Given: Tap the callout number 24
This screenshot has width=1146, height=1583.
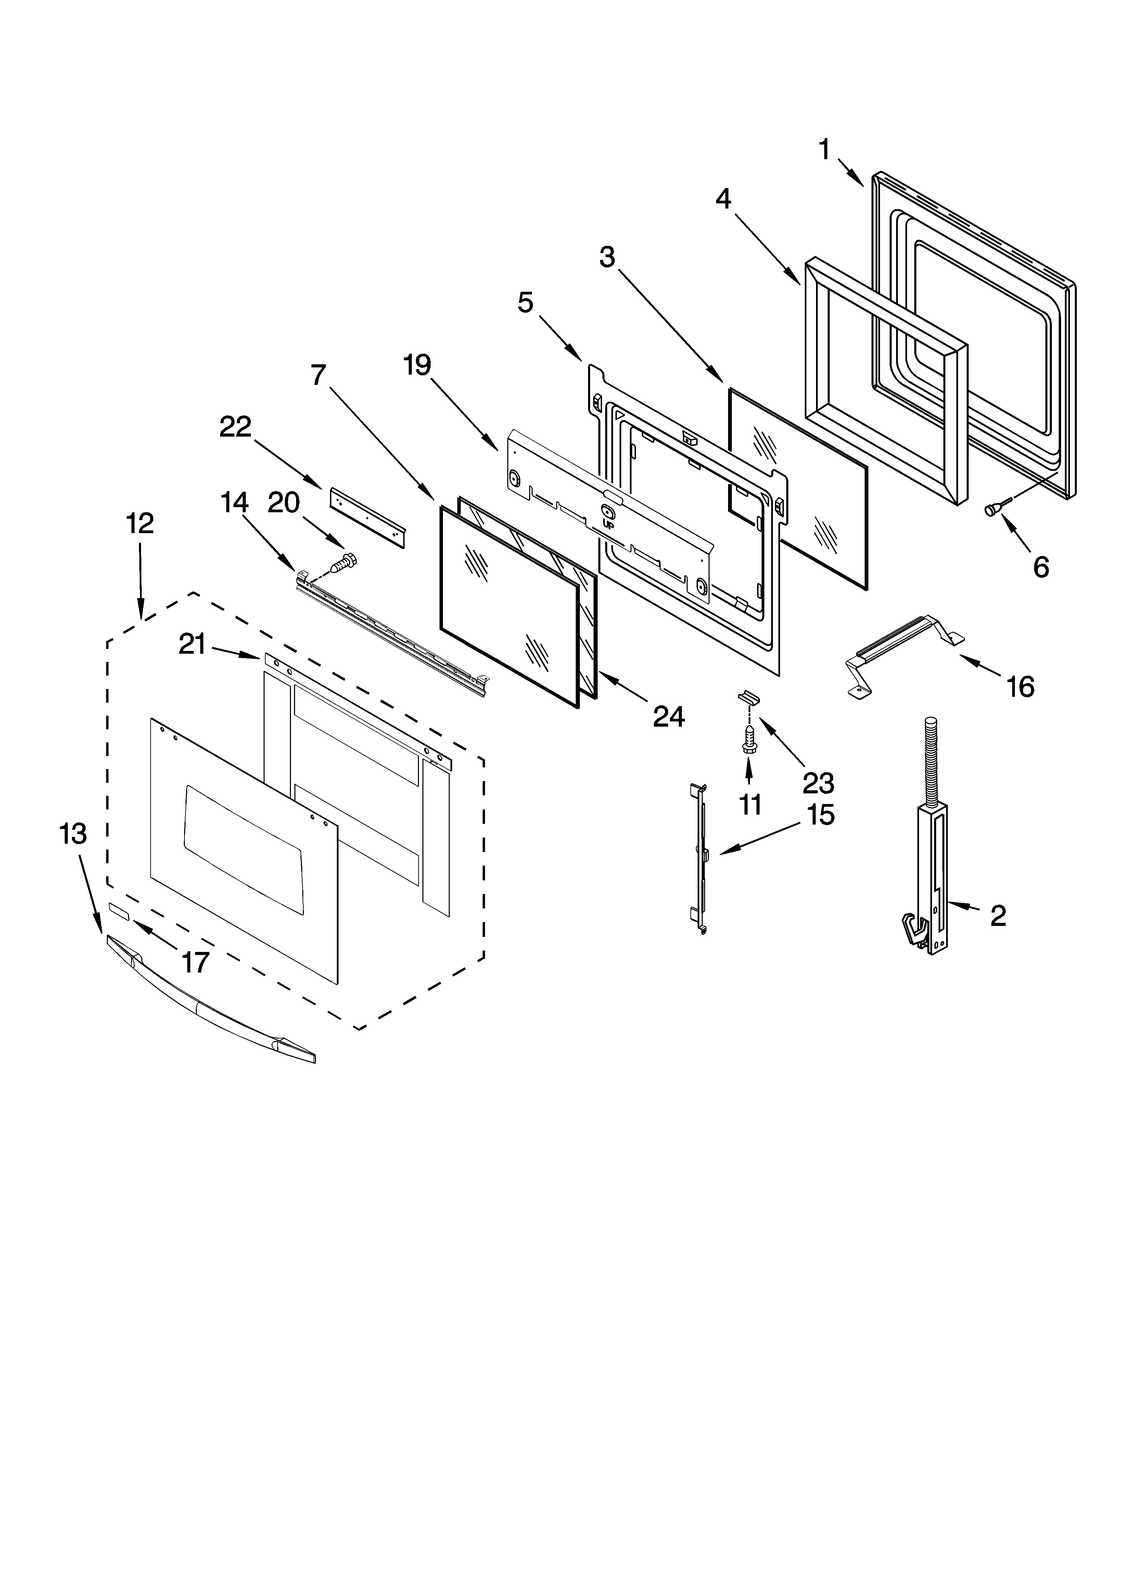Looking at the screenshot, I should tap(668, 716).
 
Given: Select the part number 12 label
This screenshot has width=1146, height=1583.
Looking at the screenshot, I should tap(140, 523).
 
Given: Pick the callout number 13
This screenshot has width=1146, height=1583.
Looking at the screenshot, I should tap(73, 833).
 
